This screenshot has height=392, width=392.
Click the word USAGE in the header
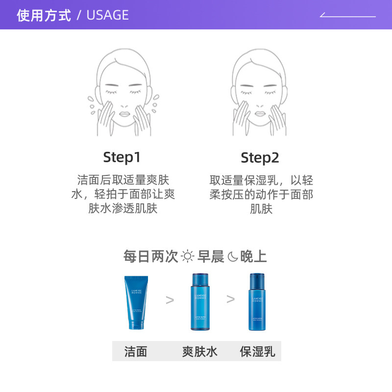pos(107,15)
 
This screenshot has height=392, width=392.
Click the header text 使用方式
pos(44,15)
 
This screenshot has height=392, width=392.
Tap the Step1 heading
pos(122,157)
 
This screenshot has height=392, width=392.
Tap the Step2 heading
pos(260,158)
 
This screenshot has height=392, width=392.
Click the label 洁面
pos(136,351)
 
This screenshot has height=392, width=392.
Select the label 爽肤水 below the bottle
pos(199,351)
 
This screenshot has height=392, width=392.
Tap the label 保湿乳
pos(257,351)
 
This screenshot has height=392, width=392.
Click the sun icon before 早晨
pos(188,256)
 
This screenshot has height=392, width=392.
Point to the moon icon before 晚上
pos(232,256)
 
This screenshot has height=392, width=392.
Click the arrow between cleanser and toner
pos(170,300)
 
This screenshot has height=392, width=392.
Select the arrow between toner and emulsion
pos(230,299)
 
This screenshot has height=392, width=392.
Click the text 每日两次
pos(151,256)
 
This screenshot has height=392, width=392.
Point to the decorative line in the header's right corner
pos(348,16)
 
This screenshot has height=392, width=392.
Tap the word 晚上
pos(253,256)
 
